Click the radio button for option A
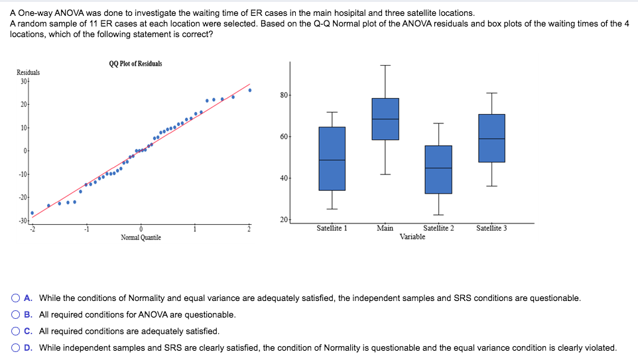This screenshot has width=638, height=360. coord(15,298)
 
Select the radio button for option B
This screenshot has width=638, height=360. coord(15,315)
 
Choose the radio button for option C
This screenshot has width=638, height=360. coord(15,331)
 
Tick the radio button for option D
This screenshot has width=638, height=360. coord(15,348)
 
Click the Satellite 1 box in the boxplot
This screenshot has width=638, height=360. coord(332,158)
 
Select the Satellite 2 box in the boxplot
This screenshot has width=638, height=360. coord(438,170)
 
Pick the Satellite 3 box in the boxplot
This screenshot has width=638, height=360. coord(491,138)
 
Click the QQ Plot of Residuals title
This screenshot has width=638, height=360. coord(135,64)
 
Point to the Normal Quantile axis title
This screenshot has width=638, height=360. coord(141,237)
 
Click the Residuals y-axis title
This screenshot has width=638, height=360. coord(28,72)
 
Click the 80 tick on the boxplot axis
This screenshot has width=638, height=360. coord(284,95)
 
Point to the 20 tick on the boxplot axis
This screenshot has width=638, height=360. coord(284,219)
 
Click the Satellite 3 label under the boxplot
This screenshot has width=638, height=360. coord(491,229)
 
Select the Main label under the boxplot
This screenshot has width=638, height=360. coord(385,229)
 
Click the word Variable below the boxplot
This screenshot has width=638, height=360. coord(413,237)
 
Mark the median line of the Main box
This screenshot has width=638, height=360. coord(385,119)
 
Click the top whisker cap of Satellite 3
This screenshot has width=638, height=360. coord(491,93)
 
